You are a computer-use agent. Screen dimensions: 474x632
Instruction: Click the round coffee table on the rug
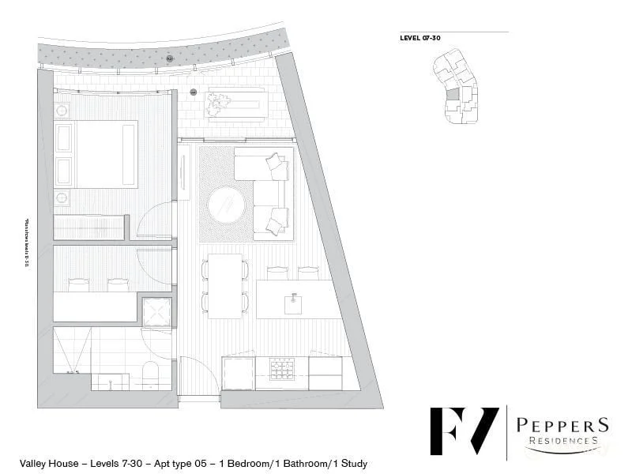click(227, 205)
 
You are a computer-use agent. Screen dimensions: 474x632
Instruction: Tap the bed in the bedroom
click(95, 154)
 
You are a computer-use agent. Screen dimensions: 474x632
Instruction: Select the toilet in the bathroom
click(150, 373)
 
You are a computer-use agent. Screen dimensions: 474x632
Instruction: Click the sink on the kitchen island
click(293, 300)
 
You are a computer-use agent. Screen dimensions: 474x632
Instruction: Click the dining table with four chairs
click(225, 286)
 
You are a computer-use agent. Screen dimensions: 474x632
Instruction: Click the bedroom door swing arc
click(156, 217)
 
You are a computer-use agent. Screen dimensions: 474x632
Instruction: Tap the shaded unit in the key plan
click(453, 94)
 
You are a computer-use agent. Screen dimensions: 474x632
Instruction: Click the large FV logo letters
click(464, 431)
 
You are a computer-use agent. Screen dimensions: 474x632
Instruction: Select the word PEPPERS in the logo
click(562, 425)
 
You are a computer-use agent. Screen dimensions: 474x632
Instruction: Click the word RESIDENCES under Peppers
click(562, 441)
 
